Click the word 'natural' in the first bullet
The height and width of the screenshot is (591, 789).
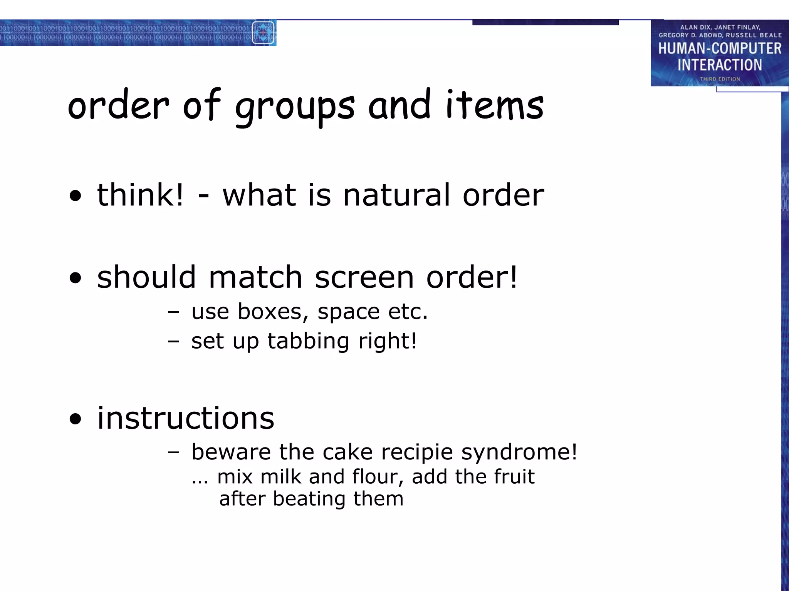tap(396, 195)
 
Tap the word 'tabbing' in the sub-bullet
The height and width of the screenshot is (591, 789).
tap(308, 341)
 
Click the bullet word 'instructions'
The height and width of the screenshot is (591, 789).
tap(186, 418)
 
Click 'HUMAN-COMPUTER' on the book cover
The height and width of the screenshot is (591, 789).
tap(720, 48)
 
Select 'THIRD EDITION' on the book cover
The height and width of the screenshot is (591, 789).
tap(720, 79)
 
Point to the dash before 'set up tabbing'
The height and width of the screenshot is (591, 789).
tap(173, 341)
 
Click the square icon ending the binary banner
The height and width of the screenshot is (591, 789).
tap(264, 33)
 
